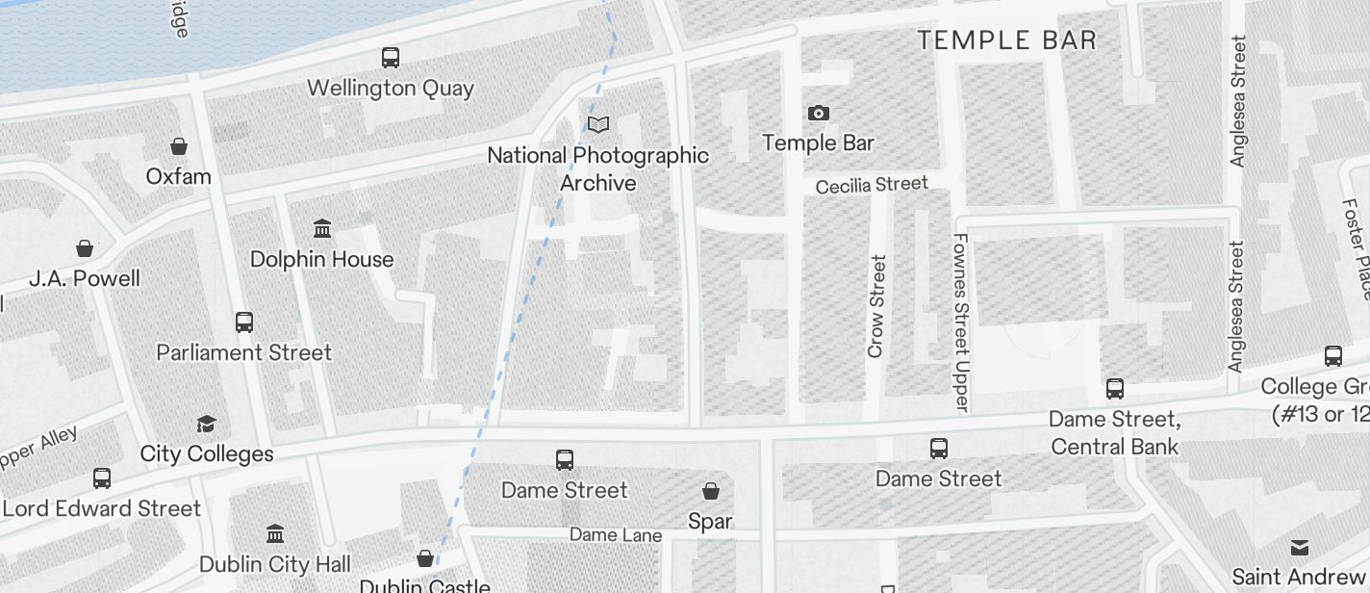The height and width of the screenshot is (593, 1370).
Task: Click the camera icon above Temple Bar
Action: tap(818, 114)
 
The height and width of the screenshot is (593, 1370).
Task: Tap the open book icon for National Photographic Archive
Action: tap(598, 125)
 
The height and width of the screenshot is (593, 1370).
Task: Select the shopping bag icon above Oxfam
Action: tap(178, 146)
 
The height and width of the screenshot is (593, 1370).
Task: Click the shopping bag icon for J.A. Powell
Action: tap(85, 248)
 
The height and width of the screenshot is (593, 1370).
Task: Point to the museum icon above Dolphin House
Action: tap(322, 229)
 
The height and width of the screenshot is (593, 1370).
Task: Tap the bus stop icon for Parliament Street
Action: tap(244, 322)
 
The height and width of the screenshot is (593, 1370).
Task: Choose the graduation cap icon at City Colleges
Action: tap(206, 424)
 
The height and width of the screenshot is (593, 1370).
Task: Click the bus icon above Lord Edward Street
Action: tap(101, 477)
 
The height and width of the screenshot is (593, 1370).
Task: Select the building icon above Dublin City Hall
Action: tap(275, 533)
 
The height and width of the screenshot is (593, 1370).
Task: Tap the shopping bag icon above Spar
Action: tap(711, 492)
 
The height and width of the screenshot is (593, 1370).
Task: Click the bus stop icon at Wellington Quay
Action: tap(390, 58)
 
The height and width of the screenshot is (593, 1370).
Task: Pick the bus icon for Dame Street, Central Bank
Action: tap(1114, 389)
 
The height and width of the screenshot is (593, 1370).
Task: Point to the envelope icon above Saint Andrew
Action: tap(1299, 548)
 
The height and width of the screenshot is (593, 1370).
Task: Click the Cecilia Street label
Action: tap(872, 185)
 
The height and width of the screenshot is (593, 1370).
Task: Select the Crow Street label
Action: tap(875, 306)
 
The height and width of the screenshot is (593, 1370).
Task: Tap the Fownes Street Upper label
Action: tap(960, 322)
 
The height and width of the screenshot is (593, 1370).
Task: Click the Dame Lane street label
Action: tap(616, 535)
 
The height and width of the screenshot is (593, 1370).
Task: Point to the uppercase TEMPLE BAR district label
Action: tap(1006, 40)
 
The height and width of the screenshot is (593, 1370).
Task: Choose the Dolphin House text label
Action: tap(321, 259)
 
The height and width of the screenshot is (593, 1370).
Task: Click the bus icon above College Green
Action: tap(1332, 356)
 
